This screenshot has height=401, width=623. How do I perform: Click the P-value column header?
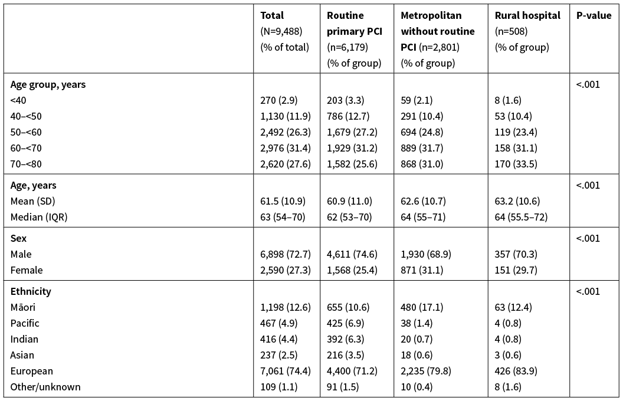point(594,16)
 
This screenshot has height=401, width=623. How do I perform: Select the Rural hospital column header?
point(527,16)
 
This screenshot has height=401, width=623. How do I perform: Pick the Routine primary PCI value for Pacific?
point(345,323)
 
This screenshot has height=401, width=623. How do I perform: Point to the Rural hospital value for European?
point(516,371)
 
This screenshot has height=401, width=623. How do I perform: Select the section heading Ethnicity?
point(31,291)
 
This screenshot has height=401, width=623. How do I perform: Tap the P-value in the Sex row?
point(588,238)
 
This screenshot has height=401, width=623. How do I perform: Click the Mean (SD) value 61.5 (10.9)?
point(283,201)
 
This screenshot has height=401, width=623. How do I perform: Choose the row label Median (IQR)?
point(39,217)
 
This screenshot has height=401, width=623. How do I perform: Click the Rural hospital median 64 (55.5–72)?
point(521,217)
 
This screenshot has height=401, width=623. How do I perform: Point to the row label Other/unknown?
point(45,387)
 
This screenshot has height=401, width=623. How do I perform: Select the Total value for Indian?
point(279,339)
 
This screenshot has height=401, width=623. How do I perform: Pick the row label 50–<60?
point(26,132)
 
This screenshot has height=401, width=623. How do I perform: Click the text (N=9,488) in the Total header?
point(281,31)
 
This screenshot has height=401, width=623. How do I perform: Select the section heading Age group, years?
point(48,84)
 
